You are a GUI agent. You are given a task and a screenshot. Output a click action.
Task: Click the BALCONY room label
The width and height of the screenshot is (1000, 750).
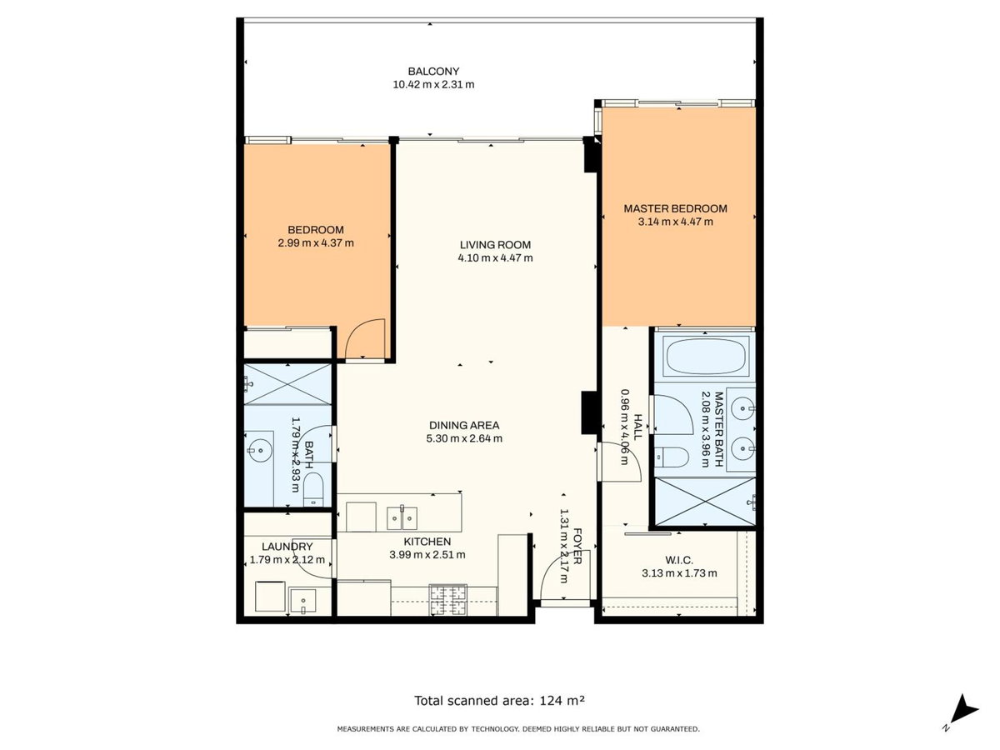pos(432,72)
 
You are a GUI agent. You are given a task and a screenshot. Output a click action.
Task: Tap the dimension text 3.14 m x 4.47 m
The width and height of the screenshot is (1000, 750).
pos(675,222)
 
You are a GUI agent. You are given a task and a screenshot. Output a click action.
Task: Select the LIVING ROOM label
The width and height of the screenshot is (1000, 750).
pos(495,244)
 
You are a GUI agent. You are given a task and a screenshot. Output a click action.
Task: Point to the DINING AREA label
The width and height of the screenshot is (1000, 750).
pos(464,425)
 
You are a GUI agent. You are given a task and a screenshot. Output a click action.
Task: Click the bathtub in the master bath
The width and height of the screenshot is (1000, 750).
pos(705,357)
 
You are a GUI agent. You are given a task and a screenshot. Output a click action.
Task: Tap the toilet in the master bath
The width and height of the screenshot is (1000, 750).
pos(672,457)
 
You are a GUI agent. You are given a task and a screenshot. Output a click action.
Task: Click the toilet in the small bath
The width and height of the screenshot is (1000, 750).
pos(313,489)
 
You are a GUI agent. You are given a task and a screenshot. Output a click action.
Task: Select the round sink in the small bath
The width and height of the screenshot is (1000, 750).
pos(259,450)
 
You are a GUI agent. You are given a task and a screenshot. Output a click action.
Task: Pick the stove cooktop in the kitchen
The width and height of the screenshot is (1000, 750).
pos(448,599)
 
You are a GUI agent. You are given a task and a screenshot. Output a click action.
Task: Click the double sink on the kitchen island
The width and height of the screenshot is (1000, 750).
pos(402,518)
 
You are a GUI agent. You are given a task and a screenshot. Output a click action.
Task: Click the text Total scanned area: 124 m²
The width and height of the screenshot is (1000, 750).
pos(499,700)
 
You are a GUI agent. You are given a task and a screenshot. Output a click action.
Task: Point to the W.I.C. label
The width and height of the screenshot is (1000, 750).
pos(679,560)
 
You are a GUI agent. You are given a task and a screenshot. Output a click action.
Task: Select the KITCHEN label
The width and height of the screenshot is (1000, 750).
pos(427,542)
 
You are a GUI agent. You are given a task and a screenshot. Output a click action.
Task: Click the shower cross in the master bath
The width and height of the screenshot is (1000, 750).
pos(704,502)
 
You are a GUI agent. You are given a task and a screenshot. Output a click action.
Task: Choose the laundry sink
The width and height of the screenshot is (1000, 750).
pos(303,600)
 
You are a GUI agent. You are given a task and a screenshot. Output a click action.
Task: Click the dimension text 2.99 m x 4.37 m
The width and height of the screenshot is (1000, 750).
pos(316,242)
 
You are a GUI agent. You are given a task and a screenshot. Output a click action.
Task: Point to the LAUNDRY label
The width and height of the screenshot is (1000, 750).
pos(287,547)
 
